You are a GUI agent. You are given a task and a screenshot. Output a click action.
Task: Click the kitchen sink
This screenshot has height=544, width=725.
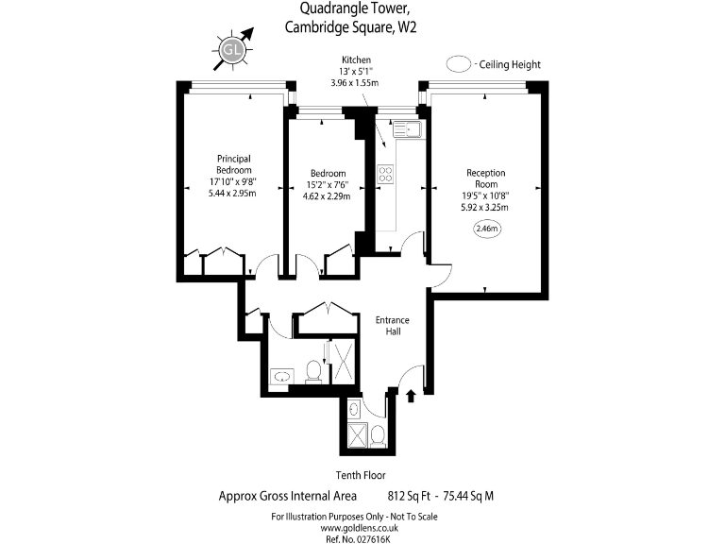coord(407,129)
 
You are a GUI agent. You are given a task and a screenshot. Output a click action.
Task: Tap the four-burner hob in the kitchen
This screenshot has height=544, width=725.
coord(385,174)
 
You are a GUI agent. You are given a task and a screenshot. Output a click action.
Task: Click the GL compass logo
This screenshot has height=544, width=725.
coord(231,49)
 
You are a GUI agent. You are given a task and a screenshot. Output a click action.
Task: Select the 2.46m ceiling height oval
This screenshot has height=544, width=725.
coord(487,229)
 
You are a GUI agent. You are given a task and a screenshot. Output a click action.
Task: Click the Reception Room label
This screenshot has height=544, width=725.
coord(485,178)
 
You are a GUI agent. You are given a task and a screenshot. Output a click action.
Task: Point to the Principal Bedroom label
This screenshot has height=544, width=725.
coord(233,164)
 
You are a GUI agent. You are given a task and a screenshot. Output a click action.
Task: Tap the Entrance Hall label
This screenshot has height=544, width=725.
coord(392,326)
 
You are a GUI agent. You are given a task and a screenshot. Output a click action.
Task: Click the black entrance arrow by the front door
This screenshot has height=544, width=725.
coord(411,396)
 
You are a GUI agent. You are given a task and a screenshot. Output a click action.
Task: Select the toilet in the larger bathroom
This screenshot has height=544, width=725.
coord(314,371)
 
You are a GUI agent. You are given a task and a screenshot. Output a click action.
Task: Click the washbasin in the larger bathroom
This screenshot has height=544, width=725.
coord(281,376)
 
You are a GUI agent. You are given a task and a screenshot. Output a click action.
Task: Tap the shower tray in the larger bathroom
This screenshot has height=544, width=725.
coord(343,362)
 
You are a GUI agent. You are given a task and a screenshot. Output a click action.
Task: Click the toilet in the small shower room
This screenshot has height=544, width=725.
coord(379,436)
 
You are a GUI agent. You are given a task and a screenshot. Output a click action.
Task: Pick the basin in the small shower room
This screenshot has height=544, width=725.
coord(354,409)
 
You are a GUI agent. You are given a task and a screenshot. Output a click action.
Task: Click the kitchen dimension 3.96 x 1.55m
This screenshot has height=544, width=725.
coord(355,83)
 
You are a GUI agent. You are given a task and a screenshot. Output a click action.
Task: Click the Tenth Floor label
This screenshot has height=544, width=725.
coord(361,475)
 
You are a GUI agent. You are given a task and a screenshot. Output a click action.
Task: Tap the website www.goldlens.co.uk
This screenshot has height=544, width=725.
coord(359,528)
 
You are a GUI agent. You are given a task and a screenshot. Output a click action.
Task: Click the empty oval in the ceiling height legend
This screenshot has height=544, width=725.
coord(459,64)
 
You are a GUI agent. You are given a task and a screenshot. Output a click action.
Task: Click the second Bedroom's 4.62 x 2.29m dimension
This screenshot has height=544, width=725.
coord(327,196)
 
